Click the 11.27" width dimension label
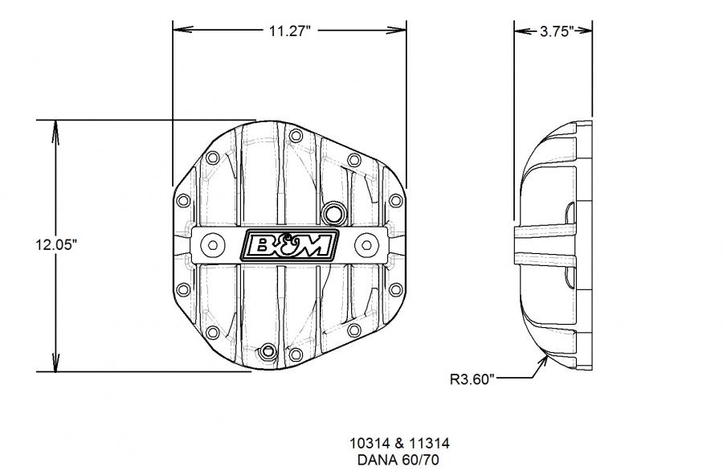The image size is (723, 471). click(x=290, y=31)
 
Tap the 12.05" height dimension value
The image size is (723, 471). click(x=56, y=244)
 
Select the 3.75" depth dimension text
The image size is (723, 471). click(x=557, y=31)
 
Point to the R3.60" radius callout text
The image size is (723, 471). click(x=472, y=379)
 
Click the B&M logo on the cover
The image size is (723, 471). click(x=289, y=245)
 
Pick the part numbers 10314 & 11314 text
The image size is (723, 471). click(x=399, y=444)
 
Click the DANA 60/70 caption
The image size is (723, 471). click(x=398, y=460)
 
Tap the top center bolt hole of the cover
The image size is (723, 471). click(x=296, y=136)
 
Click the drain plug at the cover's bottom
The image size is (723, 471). click(x=268, y=352)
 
